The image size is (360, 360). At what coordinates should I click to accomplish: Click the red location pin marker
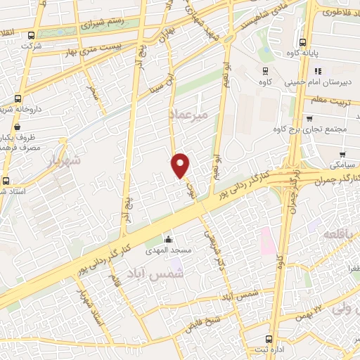pyautogui.click(x=181, y=165)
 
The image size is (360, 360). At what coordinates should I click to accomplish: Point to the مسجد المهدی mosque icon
pyautogui.click(x=168, y=239)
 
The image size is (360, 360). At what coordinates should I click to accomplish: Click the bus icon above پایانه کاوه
pyautogui.click(x=303, y=41)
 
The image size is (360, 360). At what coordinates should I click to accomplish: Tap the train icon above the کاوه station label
pyautogui.click(x=266, y=70)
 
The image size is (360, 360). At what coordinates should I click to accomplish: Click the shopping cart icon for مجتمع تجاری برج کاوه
pyautogui.click(x=310, y=119)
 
